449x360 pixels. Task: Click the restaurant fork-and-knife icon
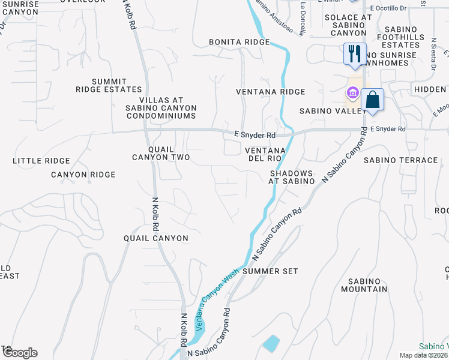point(354,53)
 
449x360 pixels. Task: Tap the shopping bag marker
point(372,99)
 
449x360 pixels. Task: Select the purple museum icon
point(352,93)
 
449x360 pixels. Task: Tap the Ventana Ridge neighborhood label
point(270,92)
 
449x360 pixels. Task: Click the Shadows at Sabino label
point(291,177)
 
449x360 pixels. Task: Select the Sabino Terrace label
point(400,160)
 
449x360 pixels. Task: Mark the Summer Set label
point(270,271)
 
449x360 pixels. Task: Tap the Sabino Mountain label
point(363,285)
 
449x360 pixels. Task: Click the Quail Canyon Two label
point(161,153)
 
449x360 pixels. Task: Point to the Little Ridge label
point(41,161)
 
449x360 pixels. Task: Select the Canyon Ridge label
point(83,175)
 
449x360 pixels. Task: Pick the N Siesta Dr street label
point(433,54)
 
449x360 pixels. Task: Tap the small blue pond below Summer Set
point(271,344)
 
